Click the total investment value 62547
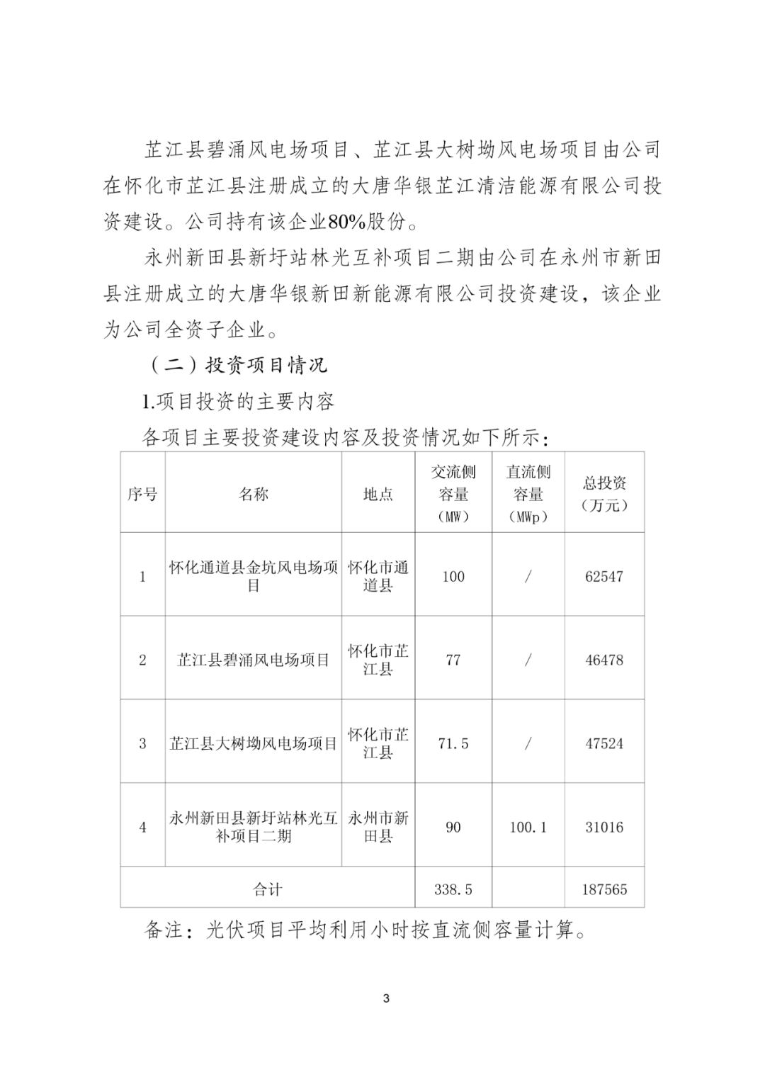[604, 576]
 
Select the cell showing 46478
[604, 660]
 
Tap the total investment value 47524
[604, 743]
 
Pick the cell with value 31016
[604, 827]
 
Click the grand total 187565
[604, 889]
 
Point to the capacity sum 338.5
[453, 889]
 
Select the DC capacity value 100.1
[528, 827]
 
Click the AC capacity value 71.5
[453, 743]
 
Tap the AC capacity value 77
[453, 660]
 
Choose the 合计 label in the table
[267, 889]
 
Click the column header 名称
[253, 494]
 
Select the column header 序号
[142, 494]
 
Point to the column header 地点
[378, 494]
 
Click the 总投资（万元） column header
[604, 494]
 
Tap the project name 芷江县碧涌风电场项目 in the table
[253, 660]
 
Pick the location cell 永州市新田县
[378, 827]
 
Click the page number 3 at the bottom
[386, 999]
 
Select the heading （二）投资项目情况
[238, 366]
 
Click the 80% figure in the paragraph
[346, 222]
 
